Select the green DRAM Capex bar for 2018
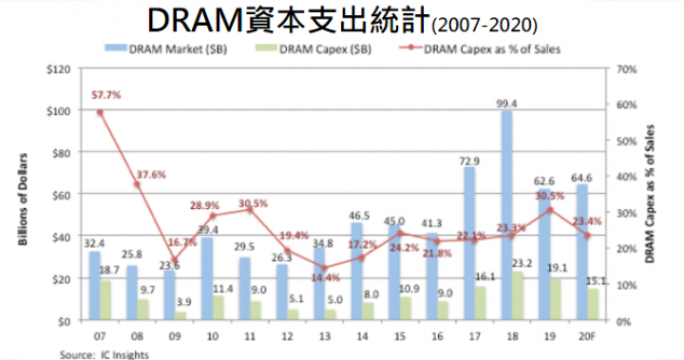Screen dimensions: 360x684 coord(520,295)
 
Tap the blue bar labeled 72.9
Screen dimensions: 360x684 coord(469,243)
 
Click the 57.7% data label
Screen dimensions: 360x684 coord(106,94)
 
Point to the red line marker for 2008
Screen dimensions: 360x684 coord(137,184)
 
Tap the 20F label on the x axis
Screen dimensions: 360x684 coord(587,338)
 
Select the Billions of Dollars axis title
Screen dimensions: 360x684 coord(21,195)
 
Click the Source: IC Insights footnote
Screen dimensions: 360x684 coord(99,353)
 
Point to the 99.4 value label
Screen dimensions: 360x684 coord(506,104)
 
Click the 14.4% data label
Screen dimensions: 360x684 coord(325,278)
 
